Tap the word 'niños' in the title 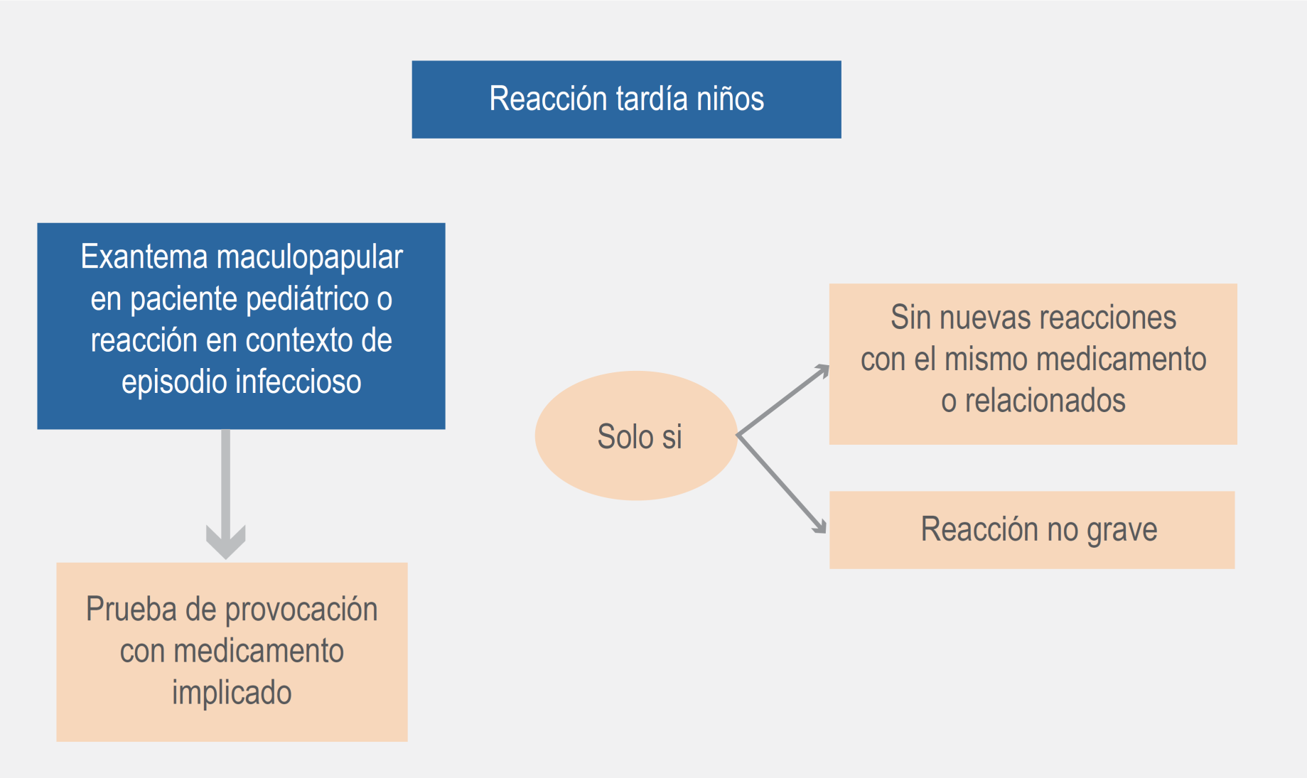(730, 99)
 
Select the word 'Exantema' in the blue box (144, 256)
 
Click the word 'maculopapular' (310, 257)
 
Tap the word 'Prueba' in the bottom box (131, 610)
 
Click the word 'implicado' (232, 693)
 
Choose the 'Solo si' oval (636, 436)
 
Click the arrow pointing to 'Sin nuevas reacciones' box (783, 400)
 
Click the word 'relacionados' (1045, 401)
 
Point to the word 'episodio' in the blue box (174, 382)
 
